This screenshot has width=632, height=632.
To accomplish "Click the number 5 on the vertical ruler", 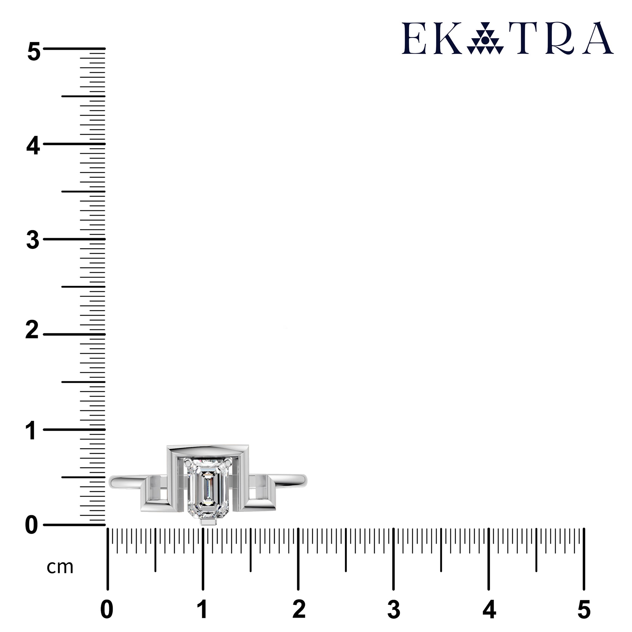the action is pyautogui.click(x=34, y=52).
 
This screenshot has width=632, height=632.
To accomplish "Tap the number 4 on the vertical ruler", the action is pyautogui.click(x=33, y=146).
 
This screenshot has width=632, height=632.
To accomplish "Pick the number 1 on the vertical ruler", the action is pyautogui.click(x=31, y=430).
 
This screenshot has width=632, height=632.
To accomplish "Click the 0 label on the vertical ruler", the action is pyautogui.click(x=32, y=526).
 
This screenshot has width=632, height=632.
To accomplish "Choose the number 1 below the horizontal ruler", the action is pyautogui.click(x=203, y=610).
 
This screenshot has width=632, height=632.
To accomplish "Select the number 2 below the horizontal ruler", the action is pyautogui.click(x=299, y=610).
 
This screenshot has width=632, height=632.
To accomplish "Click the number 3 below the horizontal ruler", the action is pyautogui.click(x=394, y=610).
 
